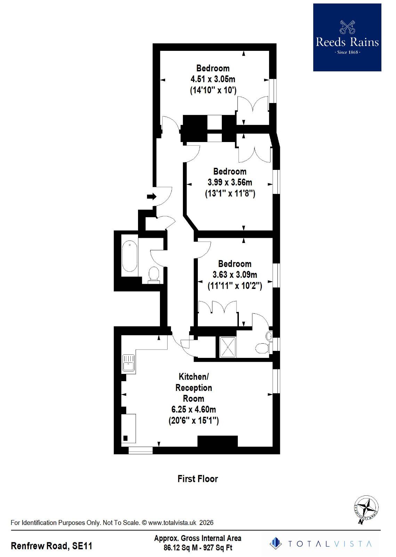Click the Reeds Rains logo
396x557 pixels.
point(347,38)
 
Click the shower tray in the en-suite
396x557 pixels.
point(228,347)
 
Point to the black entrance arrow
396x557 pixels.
point(152,197)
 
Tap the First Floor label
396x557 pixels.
point(197,479)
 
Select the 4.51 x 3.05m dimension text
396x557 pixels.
point(213,79)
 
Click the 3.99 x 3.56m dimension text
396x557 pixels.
point(230,182)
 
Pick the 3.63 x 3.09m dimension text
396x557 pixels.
point(235,275)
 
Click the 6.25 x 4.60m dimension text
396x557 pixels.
point(194,409)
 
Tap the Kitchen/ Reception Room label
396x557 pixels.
point(194,387)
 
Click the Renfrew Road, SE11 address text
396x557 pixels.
point(51,546)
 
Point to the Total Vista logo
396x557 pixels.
point(320,543)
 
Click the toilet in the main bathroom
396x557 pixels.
point(154,274)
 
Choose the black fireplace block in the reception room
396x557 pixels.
point(217,441)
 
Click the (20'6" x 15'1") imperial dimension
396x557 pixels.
point(194,421)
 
